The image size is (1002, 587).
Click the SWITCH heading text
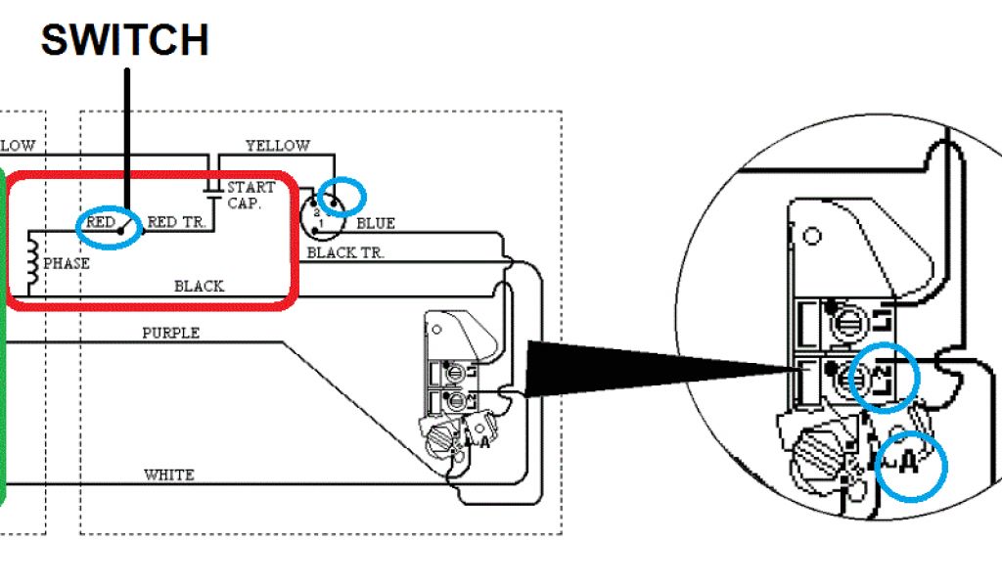coord(124,40)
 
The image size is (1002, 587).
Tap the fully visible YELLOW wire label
coord(277,146)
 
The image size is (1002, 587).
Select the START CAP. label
coord(251,195)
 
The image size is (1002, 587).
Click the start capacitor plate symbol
coord(211,186)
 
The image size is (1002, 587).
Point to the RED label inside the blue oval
coord(101,223)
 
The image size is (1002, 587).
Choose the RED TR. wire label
coord(176,223)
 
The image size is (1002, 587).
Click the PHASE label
coord(67,263)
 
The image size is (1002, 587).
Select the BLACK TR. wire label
coord(345,253)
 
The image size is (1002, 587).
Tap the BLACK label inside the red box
coord(199,287)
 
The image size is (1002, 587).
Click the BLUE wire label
coord(375,224)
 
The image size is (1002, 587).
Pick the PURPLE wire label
coord(170,334)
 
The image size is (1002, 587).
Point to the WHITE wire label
coord(168,475)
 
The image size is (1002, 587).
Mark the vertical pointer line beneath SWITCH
coord(126,137)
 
